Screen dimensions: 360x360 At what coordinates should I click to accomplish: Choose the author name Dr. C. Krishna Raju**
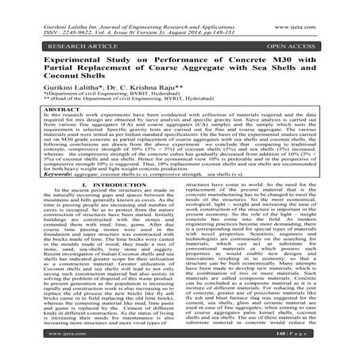coord(148,95)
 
